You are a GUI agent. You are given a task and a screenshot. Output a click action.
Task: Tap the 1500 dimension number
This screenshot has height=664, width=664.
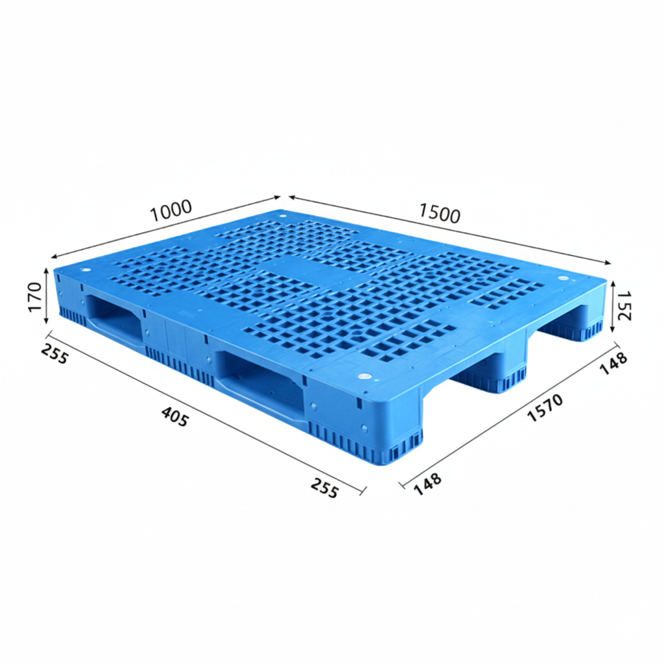pyautogui.click(x=440, y=213)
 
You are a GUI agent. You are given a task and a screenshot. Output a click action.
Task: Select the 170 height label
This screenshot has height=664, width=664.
pyautogui.click(x=36, y=296)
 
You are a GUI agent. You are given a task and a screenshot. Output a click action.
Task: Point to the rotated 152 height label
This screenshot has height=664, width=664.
pyautogui.click(x=624, y=305)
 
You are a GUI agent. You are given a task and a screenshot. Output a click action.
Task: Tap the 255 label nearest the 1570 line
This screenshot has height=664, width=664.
pyautogui.click(x=324, y=488)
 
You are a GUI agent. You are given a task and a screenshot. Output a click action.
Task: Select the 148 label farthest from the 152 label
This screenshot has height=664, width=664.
pyautogui.click(x=428, y=483)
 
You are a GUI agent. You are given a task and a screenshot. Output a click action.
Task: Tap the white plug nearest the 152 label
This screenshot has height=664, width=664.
pyautogui.click(x=562, y=278)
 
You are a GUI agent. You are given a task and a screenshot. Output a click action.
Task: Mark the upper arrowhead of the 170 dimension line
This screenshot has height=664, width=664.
pyautogui.click(x=47, y=270)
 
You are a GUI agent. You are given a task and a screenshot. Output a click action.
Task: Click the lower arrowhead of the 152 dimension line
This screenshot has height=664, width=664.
pyautogui.click(x=613, y=329)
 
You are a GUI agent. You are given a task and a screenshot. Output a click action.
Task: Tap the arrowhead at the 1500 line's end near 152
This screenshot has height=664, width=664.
pyautogui.click(x=608, y=263)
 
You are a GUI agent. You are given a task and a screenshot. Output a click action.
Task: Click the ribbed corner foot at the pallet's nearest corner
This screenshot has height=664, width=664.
pyautogui.click(x=389, y=447)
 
